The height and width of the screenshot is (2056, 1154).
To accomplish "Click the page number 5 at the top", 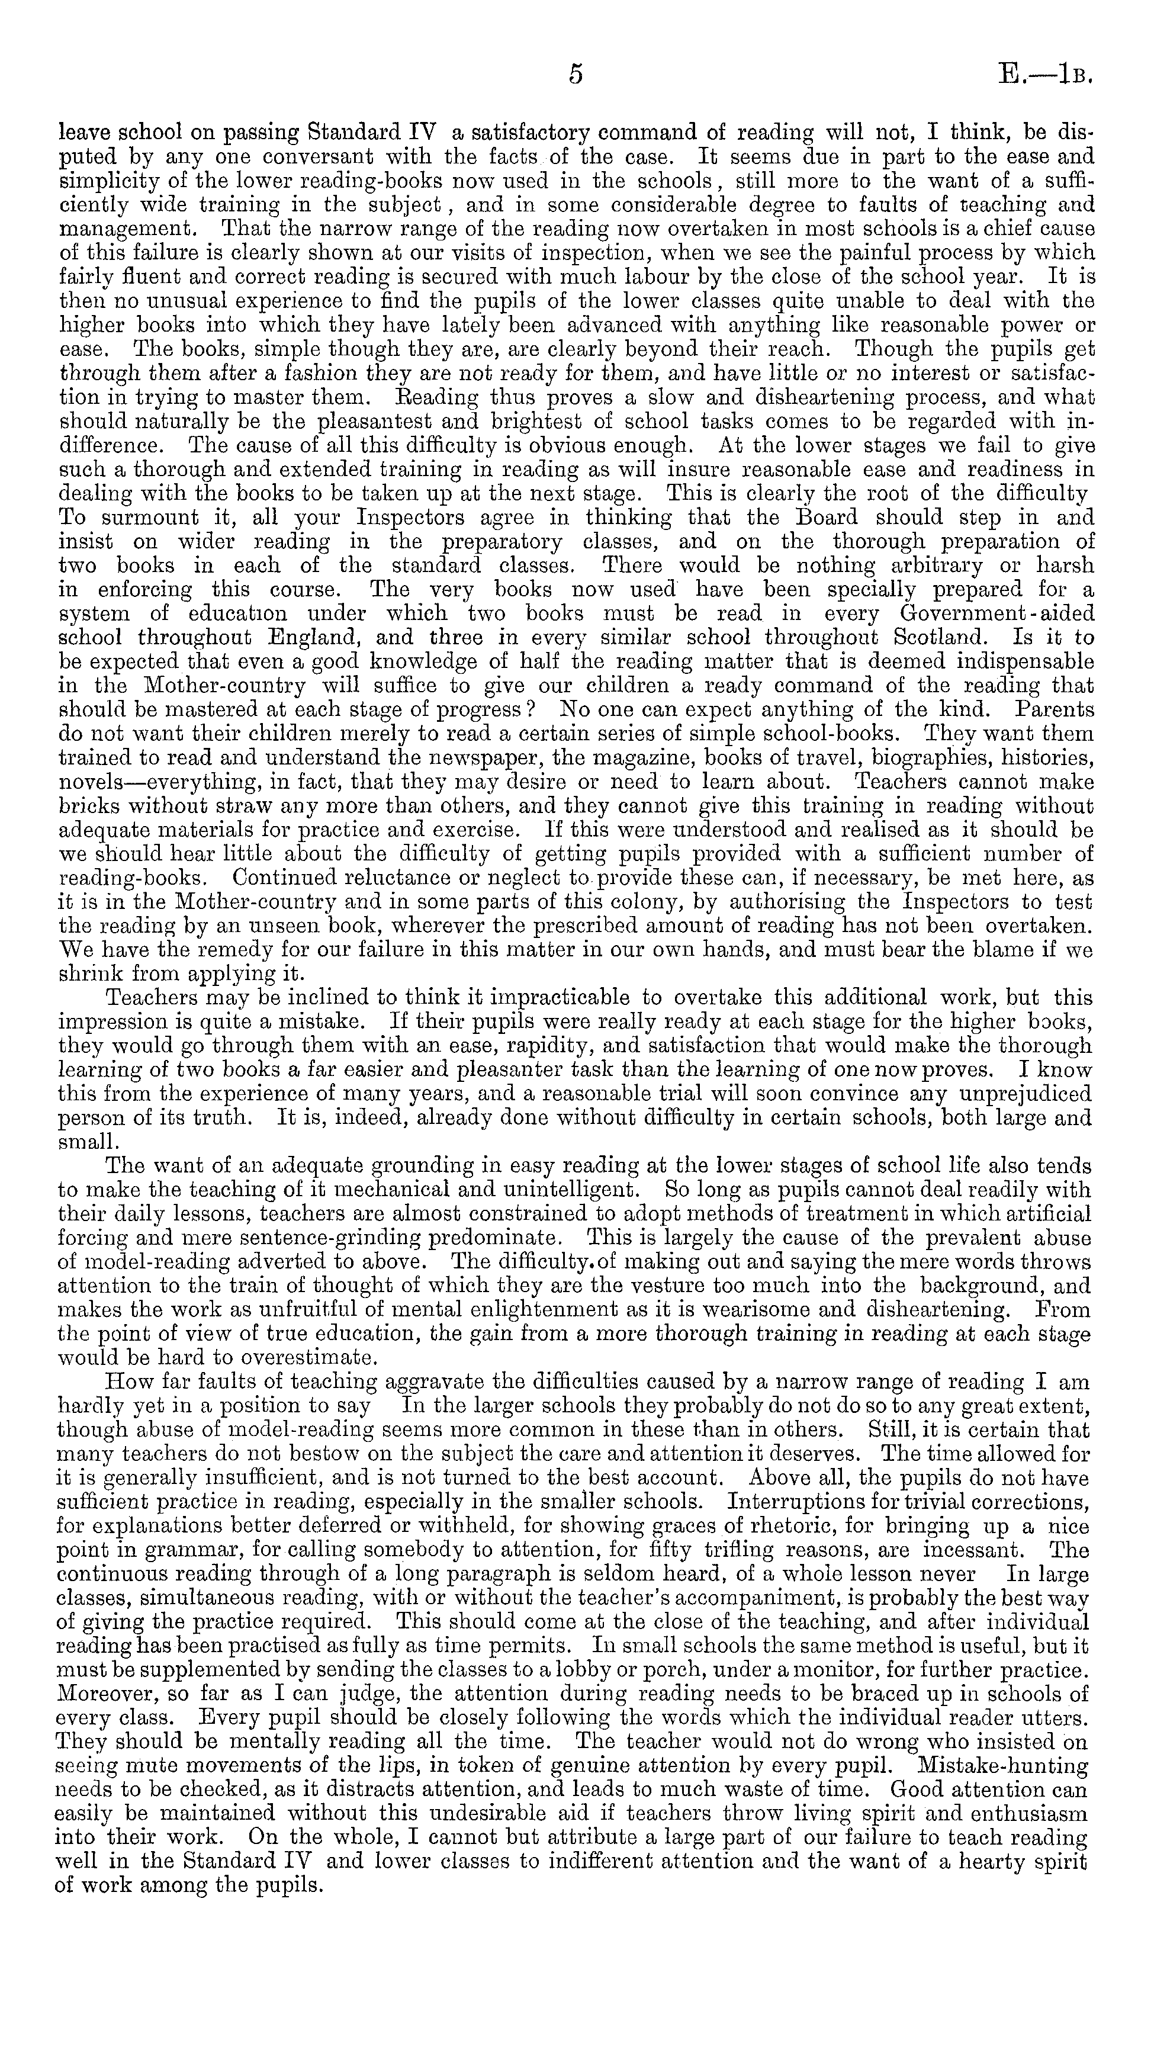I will click(x=576, y=74).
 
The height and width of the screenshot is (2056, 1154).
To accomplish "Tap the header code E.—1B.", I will click(x=1044, y=74).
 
